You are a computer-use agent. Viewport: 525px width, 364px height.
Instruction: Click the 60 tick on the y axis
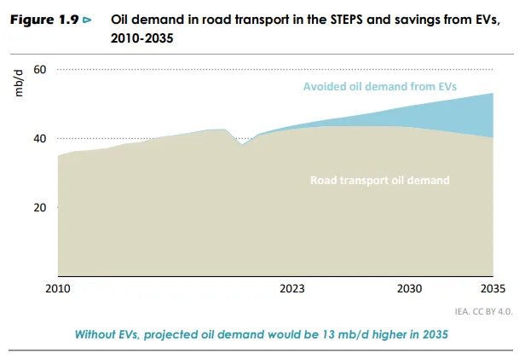39,69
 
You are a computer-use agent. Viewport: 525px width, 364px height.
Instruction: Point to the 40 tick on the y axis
39,138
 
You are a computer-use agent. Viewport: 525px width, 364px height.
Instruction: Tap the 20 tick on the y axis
39,207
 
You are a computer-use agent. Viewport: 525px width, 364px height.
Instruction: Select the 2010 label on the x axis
58,289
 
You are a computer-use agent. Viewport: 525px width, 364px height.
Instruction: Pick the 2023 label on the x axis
291,289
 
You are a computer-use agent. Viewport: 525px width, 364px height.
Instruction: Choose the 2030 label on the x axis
411,289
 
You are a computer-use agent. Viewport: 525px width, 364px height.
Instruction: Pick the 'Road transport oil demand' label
380,180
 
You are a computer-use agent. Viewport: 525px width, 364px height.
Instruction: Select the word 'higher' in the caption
393,333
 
